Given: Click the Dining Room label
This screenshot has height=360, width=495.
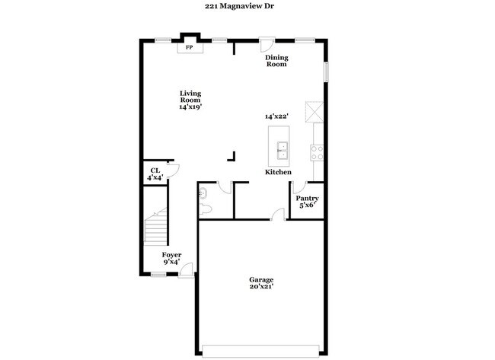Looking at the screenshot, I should tap(276, 61).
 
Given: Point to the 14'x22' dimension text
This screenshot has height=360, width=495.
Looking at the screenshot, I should tap(276, 116).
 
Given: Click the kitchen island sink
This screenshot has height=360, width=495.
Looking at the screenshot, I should tap(281, 148).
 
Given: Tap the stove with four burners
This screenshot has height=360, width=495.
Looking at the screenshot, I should tap(317, 152).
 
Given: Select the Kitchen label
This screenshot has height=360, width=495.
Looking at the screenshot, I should tap(278, 173).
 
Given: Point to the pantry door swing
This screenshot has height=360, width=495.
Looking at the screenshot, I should tap(300, 186).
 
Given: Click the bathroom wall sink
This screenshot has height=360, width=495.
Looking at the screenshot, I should tap(203, 193).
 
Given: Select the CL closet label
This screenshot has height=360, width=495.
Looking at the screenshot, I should tap(155, 170).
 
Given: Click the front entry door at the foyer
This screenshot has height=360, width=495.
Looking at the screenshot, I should tap(186, 269).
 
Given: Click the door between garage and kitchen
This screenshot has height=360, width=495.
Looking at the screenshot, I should tap(279, 214).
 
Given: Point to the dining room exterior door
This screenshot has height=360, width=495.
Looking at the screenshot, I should tap(266, 44).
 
